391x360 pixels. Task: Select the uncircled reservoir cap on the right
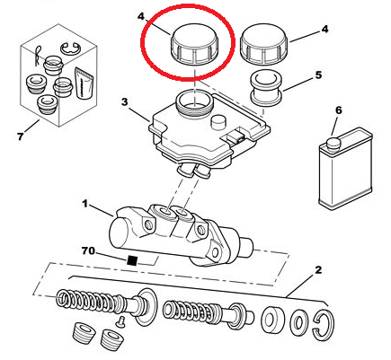(263, 45)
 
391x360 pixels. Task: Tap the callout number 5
(318, 75)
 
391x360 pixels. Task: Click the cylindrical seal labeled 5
(266, 89)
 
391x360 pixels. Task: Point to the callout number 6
(338, 110)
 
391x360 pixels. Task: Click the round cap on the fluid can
(333, 143)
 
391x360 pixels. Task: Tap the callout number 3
(124, 102)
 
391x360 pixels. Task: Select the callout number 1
(85, 204)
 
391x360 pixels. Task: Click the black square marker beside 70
(132, 260)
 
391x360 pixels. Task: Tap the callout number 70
(88, 250)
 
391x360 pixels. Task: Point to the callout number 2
(318, 270)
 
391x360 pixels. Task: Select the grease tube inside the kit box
(84, 83)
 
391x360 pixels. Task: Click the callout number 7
(20, 136)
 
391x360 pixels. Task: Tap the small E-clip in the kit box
(70, 49)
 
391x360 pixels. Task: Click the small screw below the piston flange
(120, 320)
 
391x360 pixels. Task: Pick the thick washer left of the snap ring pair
(273, 320)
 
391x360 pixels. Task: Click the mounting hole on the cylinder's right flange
(215, 253)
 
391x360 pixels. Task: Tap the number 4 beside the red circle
(141, 16)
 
